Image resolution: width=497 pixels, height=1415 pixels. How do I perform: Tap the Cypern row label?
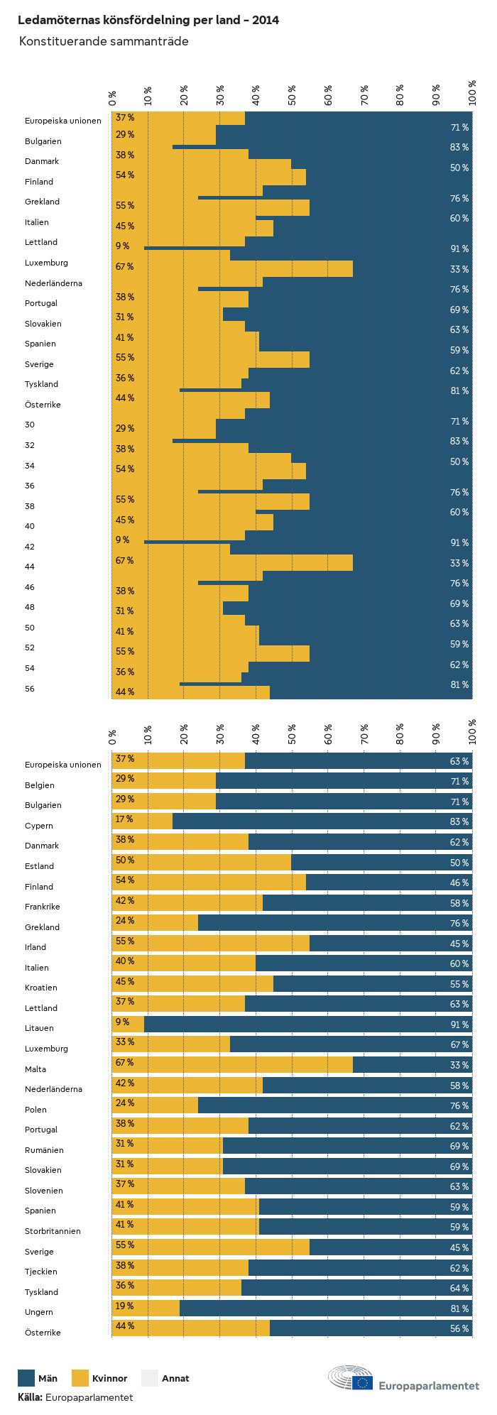(39, 826)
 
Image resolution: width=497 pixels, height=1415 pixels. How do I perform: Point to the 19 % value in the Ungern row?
(125, 1306)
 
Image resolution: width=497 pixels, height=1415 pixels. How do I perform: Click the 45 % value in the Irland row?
(459, 944)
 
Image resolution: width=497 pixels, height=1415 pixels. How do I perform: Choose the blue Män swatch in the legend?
(26, 1378)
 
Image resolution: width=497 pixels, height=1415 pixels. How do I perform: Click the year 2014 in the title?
(266, 20)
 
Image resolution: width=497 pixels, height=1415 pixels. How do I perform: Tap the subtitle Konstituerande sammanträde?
(104, 41)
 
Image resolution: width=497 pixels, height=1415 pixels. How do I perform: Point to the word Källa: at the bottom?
(31, 1397)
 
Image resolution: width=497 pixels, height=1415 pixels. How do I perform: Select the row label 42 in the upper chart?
(30, 547)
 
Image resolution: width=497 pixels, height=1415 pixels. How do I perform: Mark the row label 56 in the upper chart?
(30, 689)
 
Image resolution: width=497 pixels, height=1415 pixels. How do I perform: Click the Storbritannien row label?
(53, 1231)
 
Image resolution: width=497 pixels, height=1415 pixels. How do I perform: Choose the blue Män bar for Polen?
(334, 1105)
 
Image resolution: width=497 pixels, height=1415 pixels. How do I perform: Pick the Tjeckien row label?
(41, 1272)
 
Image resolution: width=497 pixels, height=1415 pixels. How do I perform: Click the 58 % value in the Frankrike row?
(459, 903)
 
